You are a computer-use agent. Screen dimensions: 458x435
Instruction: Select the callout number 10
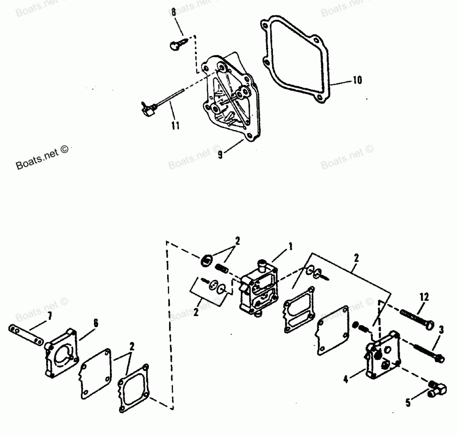[x=357, y=81]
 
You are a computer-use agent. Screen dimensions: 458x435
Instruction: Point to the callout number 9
[x=220, y=155]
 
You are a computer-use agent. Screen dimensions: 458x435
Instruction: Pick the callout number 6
[x=96, y=322]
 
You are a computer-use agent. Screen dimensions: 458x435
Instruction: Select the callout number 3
[x=441, y=330]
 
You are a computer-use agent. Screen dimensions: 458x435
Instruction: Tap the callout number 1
[x=289, y=247]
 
